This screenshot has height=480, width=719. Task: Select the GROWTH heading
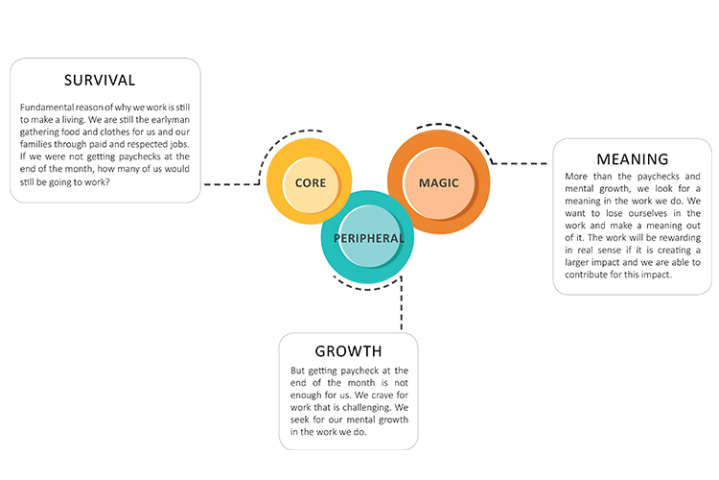(348, 351)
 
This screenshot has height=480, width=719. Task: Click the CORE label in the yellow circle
(310, 182)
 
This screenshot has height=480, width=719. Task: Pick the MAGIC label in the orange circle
(438, 182)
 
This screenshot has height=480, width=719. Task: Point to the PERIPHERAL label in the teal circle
(368, 238)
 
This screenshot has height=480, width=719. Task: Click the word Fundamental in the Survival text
(46, 108)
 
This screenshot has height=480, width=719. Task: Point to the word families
(37, 144)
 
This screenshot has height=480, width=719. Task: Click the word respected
(150, 144)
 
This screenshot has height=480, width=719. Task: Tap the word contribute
(591, 274)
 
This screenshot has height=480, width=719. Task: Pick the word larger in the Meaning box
(581, 261)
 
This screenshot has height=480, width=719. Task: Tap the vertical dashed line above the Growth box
(402, 307)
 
